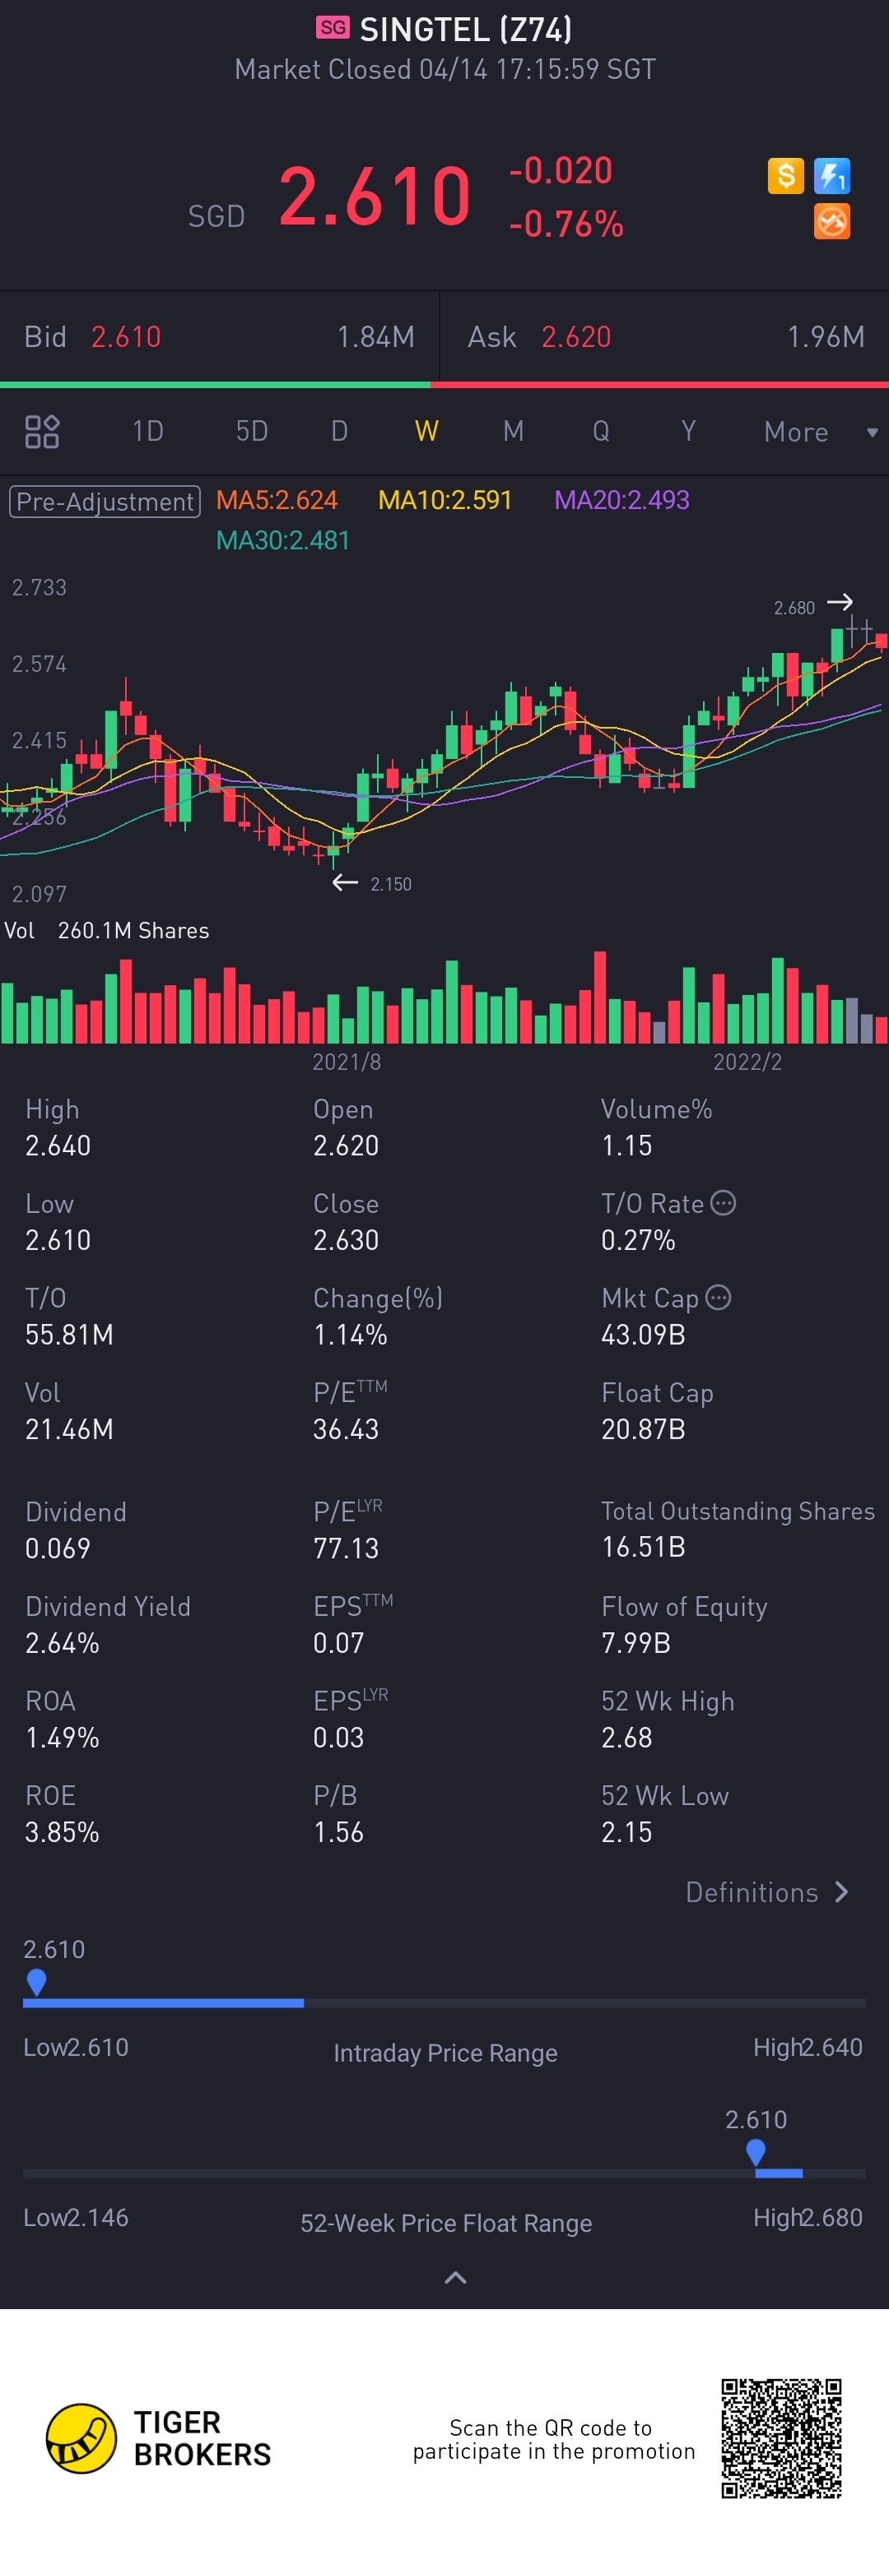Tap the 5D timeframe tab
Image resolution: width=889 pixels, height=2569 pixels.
coord(251,431)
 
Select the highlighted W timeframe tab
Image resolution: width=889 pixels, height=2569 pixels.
coord(426,431)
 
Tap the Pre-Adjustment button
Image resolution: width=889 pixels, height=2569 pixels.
coord(105,501)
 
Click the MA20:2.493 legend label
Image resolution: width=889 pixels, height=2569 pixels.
coord(621,500)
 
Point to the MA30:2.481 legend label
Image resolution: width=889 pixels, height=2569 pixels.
coord(283,540)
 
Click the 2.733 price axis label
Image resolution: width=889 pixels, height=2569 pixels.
coord(40,587)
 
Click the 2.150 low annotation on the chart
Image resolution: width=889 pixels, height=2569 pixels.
coord(390,883)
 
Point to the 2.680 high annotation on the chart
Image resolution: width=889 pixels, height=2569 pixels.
coord(794,608)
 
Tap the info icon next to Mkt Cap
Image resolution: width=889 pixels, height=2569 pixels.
coord(719,1298)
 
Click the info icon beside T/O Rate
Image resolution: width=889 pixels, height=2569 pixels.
coord(724,1203)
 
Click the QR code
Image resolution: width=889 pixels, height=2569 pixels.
coord(781,2437)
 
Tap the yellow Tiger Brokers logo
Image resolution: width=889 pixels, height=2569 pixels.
coord(81,2437)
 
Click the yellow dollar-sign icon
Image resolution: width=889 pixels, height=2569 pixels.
coord(785,177)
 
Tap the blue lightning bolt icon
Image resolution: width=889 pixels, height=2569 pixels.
coord(831,177)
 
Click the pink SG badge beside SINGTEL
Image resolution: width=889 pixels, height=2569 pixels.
coord(333,28)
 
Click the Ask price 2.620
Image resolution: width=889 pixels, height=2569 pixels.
coord(575,337)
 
